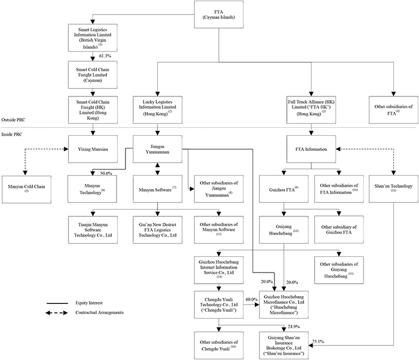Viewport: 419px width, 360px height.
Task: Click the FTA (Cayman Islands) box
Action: pos(218,15)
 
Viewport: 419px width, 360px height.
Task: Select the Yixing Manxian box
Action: pos(93,149)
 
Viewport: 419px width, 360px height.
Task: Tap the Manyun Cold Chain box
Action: pos(26,190)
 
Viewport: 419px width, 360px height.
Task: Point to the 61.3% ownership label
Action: pos(105,56)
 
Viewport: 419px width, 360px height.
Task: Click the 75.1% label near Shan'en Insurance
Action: pos(318,341)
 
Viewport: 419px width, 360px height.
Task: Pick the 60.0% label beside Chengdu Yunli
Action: pos(252,299)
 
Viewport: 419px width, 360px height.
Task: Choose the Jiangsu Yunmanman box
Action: pos(157,149)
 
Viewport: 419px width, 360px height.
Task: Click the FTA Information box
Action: pos(311,149)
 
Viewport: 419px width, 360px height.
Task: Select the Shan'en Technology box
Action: pos(393,189)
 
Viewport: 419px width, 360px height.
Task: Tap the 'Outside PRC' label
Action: pos(13,120)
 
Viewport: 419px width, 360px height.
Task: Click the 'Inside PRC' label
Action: pos(12,134)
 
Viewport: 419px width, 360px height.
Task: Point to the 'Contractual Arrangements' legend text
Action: pos(99,312)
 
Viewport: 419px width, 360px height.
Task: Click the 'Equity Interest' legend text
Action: pos(89,303)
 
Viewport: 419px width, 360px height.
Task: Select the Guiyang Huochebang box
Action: pos(284,230)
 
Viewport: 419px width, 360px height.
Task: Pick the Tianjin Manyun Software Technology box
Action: pos(93,230)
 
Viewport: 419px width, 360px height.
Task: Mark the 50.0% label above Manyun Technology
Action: pos(106,173)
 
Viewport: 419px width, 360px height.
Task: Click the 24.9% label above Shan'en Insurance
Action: pos(294,326)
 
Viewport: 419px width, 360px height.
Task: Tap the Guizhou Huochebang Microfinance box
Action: pos(284,304)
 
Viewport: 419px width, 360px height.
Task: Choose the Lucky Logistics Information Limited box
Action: pos(157,110)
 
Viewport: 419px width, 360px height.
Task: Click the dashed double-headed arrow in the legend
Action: pos(57,313)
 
